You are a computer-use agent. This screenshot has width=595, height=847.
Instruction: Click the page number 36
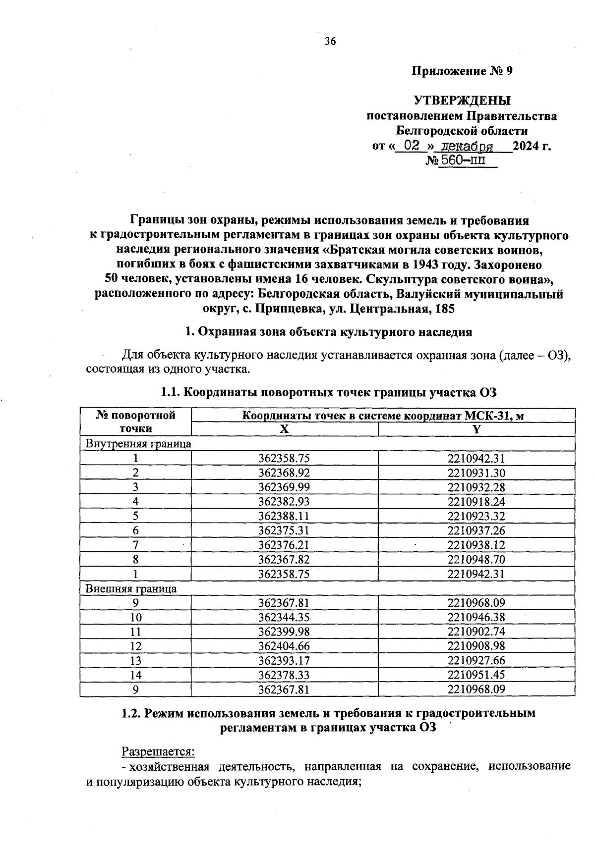(x=330, y=42)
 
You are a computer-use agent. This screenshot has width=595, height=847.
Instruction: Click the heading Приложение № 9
(x=462, y=71)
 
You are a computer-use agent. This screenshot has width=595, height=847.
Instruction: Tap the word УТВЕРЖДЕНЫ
(x=462, y=101)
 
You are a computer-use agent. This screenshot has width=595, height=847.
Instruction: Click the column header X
(x=284, y=429)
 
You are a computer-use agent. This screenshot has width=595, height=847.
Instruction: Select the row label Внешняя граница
(x=131, y=588)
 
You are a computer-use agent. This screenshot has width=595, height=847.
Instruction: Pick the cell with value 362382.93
(x=284, y=502)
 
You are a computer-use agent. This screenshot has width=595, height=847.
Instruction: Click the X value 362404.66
(x=284, y=646)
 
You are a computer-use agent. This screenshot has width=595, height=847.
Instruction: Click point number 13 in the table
(x=135, y=660)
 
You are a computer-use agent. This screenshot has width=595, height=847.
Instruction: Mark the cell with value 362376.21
(x=284, y=545)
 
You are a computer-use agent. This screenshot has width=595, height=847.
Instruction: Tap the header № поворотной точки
(x=135, y=422)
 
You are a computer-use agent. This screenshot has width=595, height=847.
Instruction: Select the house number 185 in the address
(x=444, y=310)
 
